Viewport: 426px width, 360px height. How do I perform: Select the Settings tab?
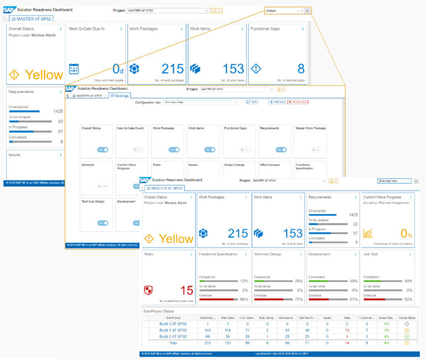click(120, 96)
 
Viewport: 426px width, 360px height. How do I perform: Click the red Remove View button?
click(297, 102)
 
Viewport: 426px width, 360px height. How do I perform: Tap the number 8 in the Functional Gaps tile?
click(301, 69)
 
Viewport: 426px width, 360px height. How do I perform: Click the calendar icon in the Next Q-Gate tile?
click(74, 69)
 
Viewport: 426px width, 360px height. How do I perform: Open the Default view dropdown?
click(283, 11)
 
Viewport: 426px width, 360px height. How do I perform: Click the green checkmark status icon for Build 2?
click(407, 337)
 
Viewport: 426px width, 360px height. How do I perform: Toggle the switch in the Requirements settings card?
click(280, 149)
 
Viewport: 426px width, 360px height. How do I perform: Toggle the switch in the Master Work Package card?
click(316, 149)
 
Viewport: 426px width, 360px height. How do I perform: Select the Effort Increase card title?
click(270, 165)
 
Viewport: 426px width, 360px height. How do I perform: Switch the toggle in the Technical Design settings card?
click(102, 222)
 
